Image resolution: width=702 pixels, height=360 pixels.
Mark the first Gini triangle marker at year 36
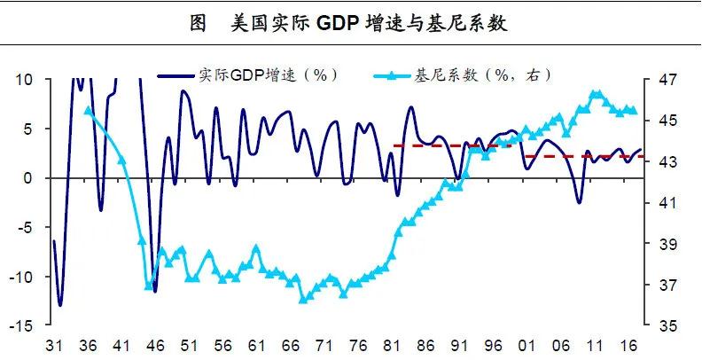click(88, 110)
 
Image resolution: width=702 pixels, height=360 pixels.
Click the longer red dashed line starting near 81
click(452, 145)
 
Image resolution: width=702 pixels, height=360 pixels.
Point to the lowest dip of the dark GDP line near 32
click(60, 305)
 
